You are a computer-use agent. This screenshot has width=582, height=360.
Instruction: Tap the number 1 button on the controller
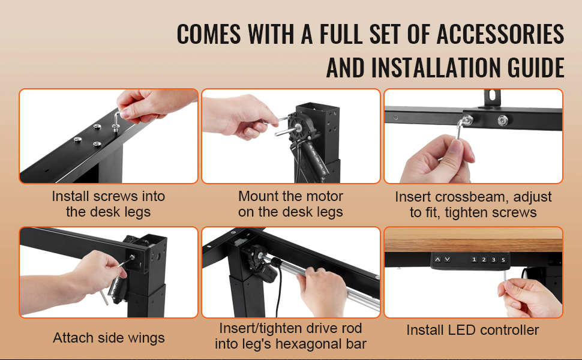474,259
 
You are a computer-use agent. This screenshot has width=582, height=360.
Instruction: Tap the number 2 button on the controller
484,259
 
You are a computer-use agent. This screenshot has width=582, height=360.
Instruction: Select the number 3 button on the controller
494,259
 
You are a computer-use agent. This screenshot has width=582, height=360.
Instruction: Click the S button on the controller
503,259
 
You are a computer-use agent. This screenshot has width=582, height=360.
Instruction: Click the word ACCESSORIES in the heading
500,34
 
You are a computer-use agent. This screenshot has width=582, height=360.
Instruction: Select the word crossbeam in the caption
470,197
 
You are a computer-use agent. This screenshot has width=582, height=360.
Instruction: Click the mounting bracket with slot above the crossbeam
492,98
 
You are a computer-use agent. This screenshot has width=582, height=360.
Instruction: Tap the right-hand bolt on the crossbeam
503,120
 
